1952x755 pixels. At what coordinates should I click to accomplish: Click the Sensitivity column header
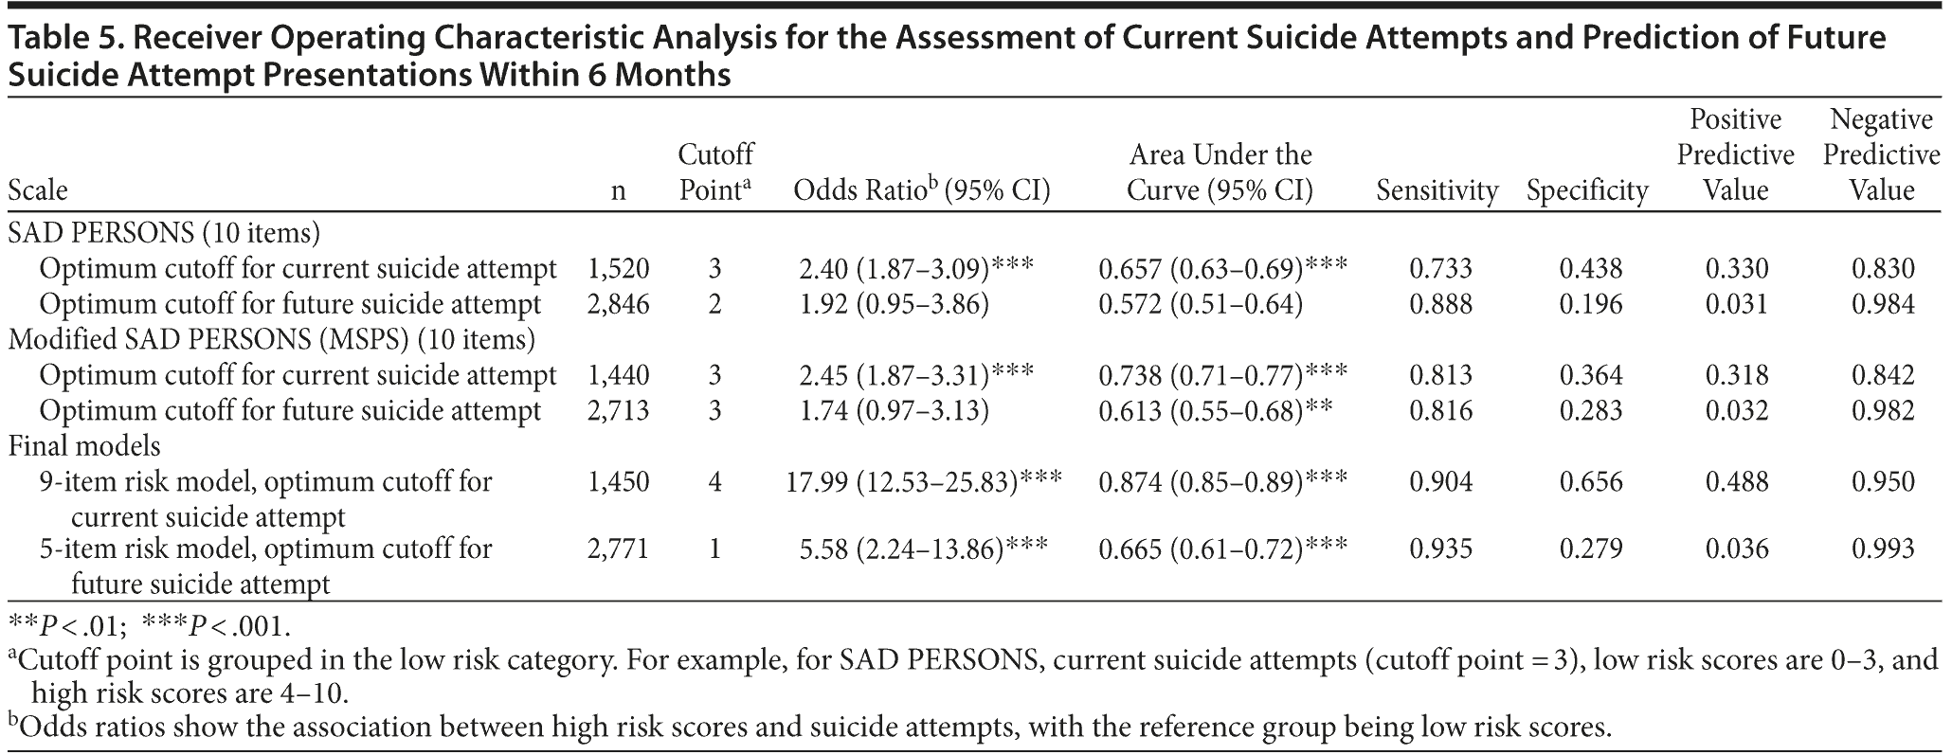point(1437,190)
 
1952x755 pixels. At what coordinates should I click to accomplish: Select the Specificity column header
point(1587,190)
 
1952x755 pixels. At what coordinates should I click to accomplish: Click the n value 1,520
point(618,269)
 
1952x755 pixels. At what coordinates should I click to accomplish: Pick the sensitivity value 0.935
point(1441,548)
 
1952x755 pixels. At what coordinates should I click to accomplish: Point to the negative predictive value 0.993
point(1883,548)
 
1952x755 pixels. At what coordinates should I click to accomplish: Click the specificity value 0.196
point(1591,304)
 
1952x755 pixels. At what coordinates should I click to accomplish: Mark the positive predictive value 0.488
point(1737,481)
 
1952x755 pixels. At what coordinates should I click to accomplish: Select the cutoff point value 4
point(714,481)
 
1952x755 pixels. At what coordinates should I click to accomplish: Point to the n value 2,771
point(618,548)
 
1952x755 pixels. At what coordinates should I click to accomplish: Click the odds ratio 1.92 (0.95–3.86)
point(894,304)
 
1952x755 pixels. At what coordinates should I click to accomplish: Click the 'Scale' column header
point(38,190)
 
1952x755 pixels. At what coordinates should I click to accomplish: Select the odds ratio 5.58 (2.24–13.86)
point(916,548)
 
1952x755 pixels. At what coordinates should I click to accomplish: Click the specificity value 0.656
point(1591,481)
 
